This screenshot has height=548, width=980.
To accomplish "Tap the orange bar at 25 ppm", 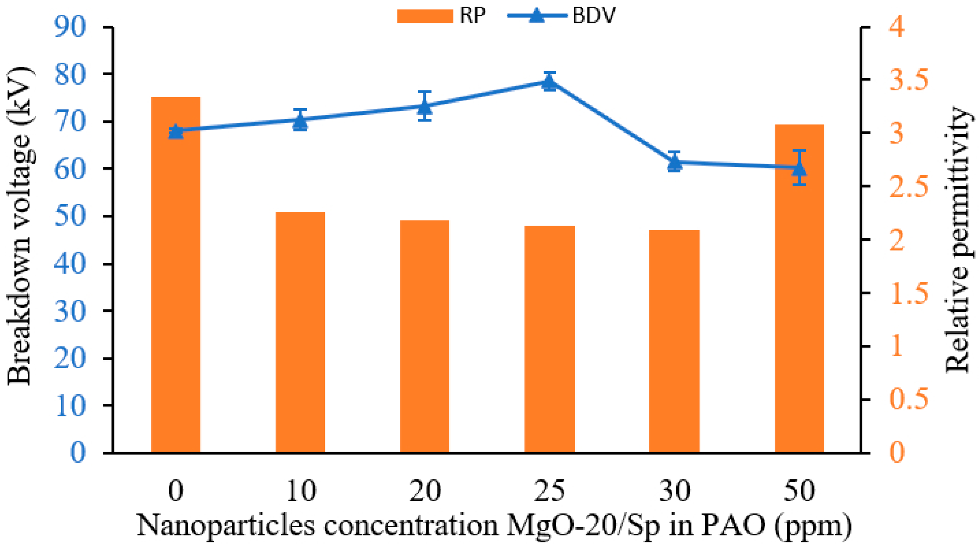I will click(x=549, y=339).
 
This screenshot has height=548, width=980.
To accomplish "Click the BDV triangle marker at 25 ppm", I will click(x=549, y=82).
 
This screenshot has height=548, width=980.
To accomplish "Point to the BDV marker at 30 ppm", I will click(x=674, y=163).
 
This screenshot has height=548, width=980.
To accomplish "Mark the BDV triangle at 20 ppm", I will click(x=424, y=107).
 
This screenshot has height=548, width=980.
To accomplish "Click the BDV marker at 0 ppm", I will click(x=176, y=132).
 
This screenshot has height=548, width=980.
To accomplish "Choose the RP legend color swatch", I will click(x=425, y=16).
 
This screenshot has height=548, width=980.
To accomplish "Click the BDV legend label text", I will click(x=593, y=16).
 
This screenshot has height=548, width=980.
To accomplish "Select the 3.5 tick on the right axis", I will click(x=908, y=80).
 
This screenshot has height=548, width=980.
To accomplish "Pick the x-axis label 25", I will click(x=549, y=491).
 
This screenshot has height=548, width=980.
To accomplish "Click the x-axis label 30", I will click(x=674, y=491).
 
